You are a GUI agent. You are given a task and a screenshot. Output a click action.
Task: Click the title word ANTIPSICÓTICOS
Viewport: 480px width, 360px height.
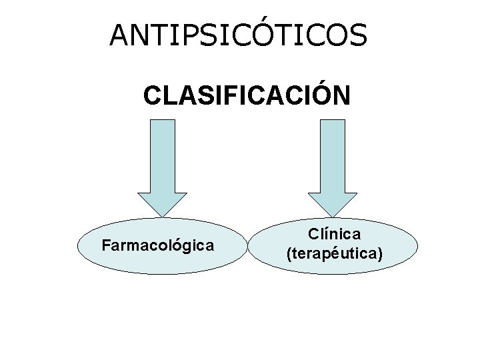[238, 35]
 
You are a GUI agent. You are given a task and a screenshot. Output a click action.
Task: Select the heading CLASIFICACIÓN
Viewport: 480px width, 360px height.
[246, 95]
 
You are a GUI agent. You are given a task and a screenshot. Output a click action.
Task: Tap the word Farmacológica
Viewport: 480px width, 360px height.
[158, 245]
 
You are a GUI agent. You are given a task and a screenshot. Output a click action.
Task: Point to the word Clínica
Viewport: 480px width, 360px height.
[334, 234]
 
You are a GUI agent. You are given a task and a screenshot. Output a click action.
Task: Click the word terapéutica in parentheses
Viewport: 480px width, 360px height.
[334, 253]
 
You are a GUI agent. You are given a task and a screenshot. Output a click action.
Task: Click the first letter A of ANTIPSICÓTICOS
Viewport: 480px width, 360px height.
[120, 36]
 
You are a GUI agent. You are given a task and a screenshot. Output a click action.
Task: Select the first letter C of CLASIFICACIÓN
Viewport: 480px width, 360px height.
[152, 95]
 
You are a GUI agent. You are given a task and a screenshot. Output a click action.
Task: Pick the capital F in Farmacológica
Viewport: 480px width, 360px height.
[105, 245]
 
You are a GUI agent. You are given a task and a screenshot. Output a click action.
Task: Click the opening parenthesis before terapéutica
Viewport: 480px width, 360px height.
[289, 254]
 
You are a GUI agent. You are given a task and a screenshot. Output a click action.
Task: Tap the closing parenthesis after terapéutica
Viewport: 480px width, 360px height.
[380, 254]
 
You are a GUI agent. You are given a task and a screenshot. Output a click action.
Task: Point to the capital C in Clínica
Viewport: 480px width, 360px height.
[313, 234]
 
